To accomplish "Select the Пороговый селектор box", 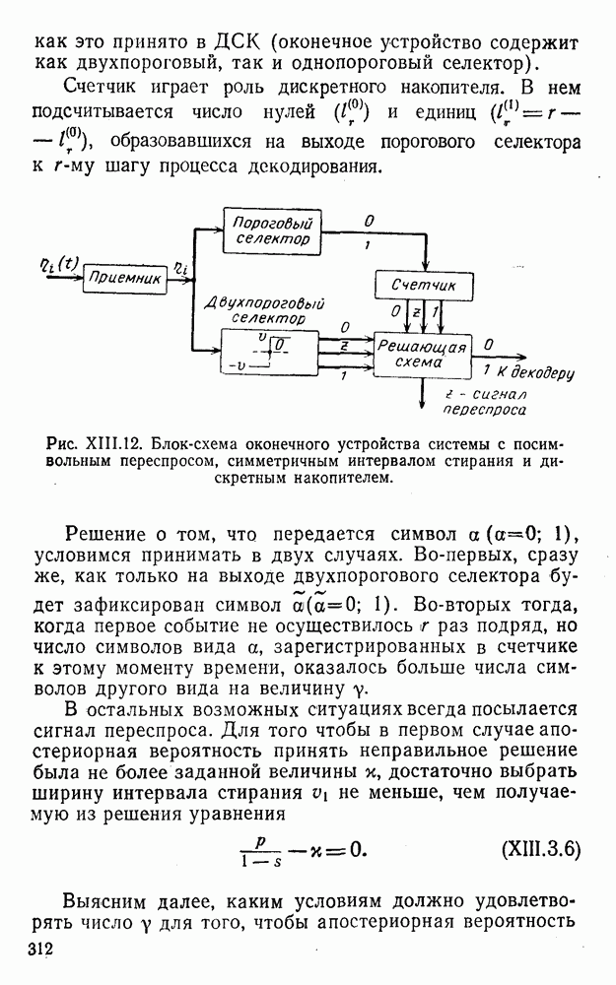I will click(272, 230).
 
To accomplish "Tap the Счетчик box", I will click(424, 286).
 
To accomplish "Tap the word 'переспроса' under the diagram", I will click(484, 410).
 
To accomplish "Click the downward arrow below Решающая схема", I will click(421, 391).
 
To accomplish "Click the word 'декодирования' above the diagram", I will click(311, 165).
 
